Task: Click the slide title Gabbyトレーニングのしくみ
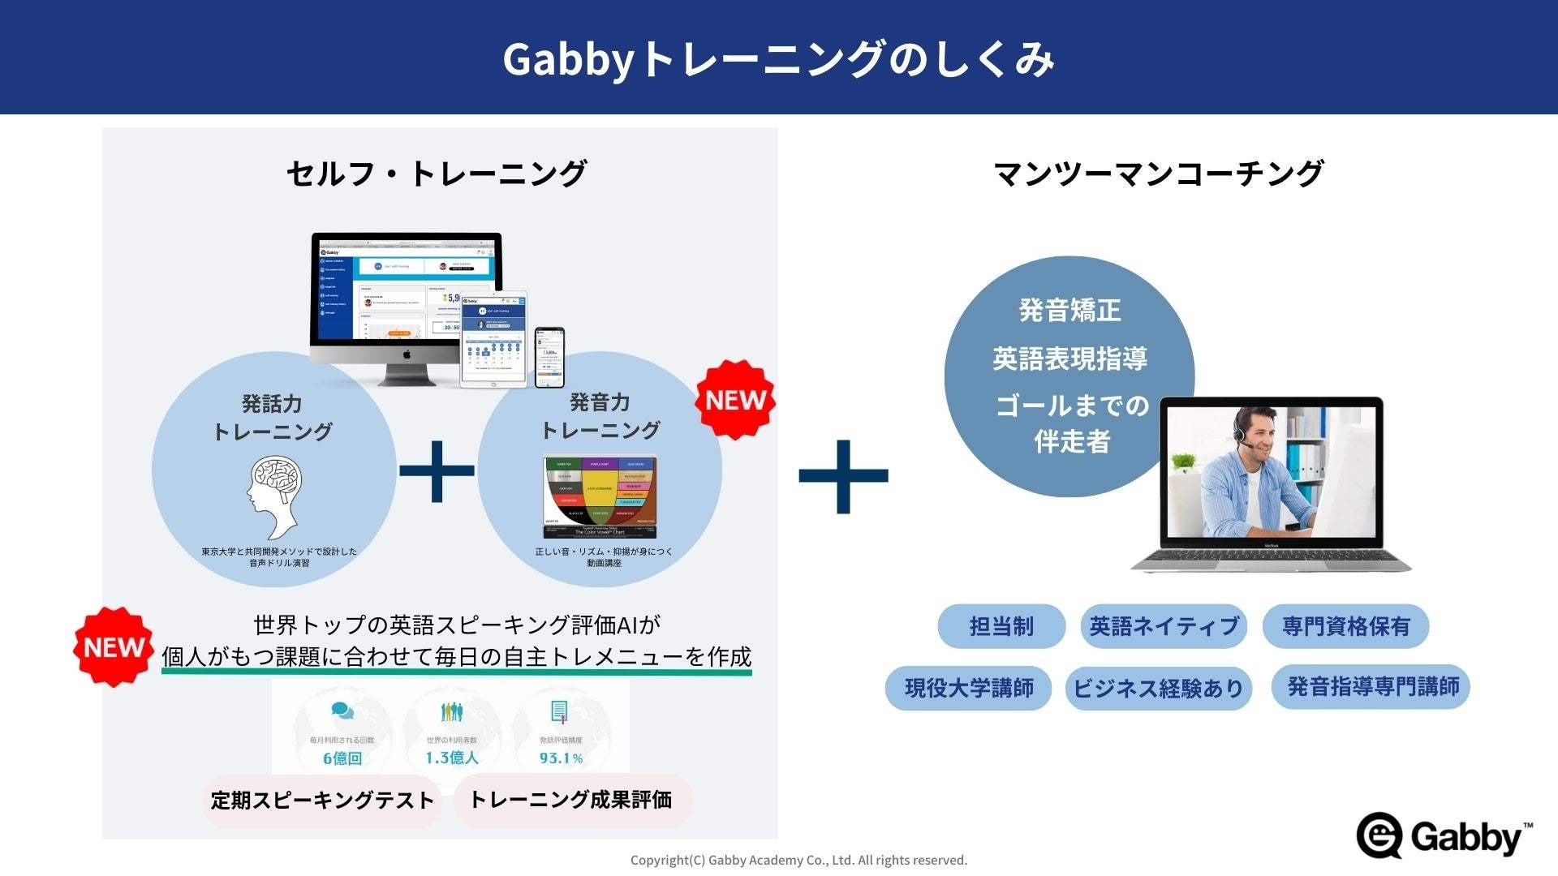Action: pyautogui.click(x=778, y=58)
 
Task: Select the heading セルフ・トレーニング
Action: pyautogui.click(x=436, y=173)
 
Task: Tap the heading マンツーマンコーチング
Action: pyautogui.click(x=1158, y=173)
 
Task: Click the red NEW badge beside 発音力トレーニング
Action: pyautogui.click(x=735, y=400)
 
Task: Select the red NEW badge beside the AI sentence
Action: pyautogui.click(x=114, y=647)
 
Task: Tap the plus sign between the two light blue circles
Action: pyautogui.click(x=437, y=470)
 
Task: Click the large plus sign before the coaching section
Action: pyautogui.click(x=843, y=476)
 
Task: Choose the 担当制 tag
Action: pyautogui.click(x=1001, y=626)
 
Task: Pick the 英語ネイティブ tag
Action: pyautogui.click(x=1164, y=626)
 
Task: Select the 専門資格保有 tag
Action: pyautogui.click(x=1345, y=626)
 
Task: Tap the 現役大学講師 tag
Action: pyautogui.click(x=969, y=689)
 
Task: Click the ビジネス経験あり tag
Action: pyautogui.click(x=1158, y=689)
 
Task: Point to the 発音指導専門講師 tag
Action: pyautogui.click(x=1371, y=687)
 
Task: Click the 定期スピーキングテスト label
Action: pyautogui.click(x=322, y=801)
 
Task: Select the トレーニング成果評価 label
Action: pyautogui.click(x=571, y=800)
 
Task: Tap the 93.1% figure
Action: pyautogui.click(x=561, y=758)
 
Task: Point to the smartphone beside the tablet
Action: pyautogui.click(x=549, y=357)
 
